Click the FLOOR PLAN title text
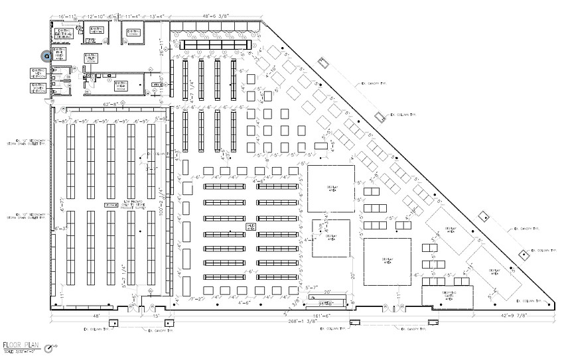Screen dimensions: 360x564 coord(21,345)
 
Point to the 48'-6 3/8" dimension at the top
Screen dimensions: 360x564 coord(218,13)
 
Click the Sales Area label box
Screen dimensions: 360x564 coord(251,227)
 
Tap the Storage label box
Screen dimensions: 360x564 coord(111,206)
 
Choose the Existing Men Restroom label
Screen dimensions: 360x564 coord(39,73)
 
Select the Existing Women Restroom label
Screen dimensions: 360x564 coord(39,88)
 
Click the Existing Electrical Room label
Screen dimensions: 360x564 coord(64,32)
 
